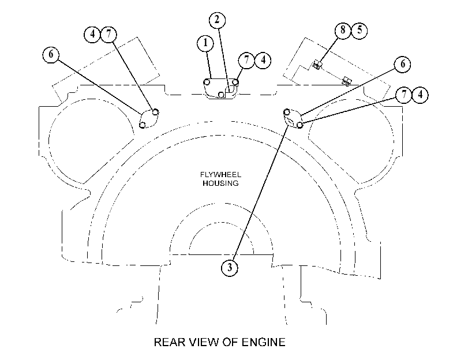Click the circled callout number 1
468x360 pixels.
[x=205, y=43]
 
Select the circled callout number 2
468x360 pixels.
[x=217, y=20]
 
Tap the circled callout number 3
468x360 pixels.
[x=230, y=268]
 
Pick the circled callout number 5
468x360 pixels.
[x=360, y=30]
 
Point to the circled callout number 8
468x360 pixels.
[x=343, y=30]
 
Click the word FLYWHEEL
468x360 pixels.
[x=220, y=175]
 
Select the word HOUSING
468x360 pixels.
[x=220, y=183]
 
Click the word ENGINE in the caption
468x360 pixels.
[x=263, y=342]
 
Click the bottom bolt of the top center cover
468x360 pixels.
[x=221, y=95]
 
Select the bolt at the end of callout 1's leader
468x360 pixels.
[x=206, y=82]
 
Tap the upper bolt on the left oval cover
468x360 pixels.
[x=155, y=112]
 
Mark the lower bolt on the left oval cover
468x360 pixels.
[x=143, y=125]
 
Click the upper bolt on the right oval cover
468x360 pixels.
[x=287, y=112]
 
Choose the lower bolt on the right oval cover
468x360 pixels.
[x=299, y=125]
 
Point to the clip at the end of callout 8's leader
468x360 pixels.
[x=317, y=65]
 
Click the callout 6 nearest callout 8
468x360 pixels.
[x=403, y=64]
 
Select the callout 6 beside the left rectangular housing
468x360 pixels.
[x=51, y=55]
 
